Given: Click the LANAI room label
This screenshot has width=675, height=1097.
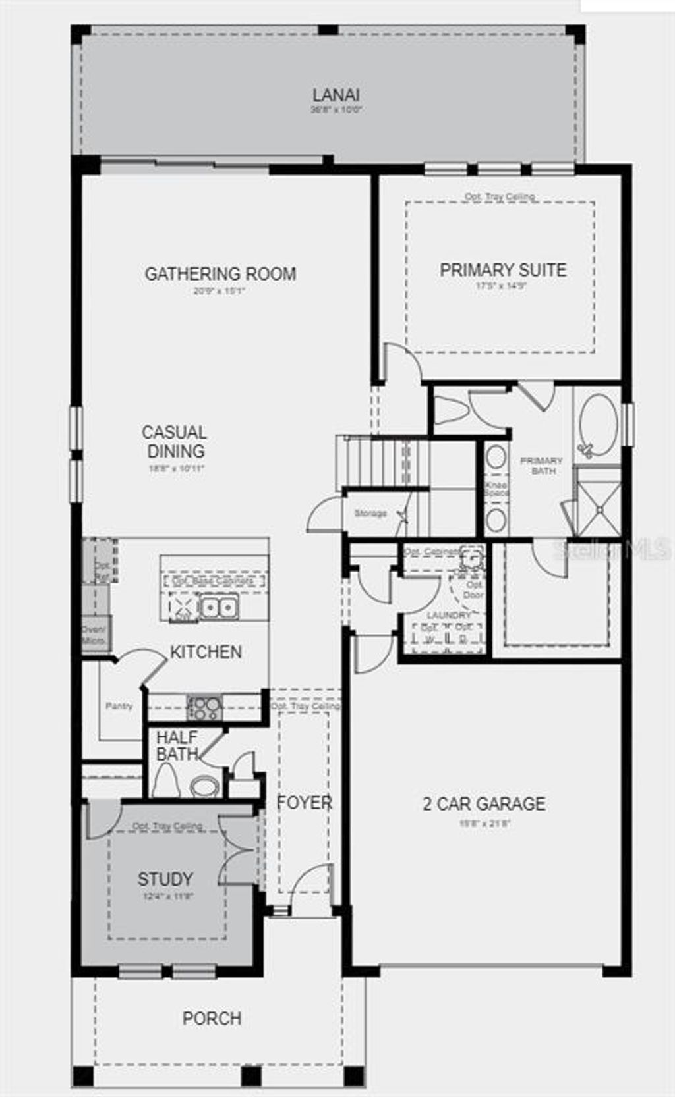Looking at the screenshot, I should (x=336, y=95).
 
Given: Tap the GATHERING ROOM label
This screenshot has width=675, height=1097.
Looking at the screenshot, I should (x=220, y=273).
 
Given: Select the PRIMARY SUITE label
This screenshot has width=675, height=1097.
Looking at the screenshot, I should (x=503, y=270).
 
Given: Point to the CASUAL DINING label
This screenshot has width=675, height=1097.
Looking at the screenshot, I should (x=175, y=442).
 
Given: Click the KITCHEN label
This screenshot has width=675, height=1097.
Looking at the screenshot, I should (x=206, y=652).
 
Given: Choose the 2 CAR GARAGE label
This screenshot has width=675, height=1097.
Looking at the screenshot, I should (x=484, y=803).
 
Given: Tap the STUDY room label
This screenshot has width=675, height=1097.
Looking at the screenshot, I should (x=165, y=879).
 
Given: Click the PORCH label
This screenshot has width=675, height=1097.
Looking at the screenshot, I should (x=212, y=1018).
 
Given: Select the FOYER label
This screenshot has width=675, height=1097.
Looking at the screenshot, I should (x=304, y=803).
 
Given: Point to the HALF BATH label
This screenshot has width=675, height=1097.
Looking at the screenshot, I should (x=177, y=745).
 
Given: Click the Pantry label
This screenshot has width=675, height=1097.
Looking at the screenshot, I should (x=119, y=706).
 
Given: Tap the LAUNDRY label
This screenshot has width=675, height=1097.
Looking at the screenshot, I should (x=449, y=615).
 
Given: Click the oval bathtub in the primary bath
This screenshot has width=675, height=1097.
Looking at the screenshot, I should (x=598, y=423).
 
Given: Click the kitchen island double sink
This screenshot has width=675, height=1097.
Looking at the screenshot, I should (x=218, y=607).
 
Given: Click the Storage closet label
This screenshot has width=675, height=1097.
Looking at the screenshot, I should (x=370, y=513).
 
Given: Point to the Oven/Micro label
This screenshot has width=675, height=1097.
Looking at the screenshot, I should (x=95, y=634).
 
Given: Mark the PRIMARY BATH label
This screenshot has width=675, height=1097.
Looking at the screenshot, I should (x=541, y=466).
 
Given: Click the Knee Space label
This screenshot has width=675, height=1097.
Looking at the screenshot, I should (x=496, y=489).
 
